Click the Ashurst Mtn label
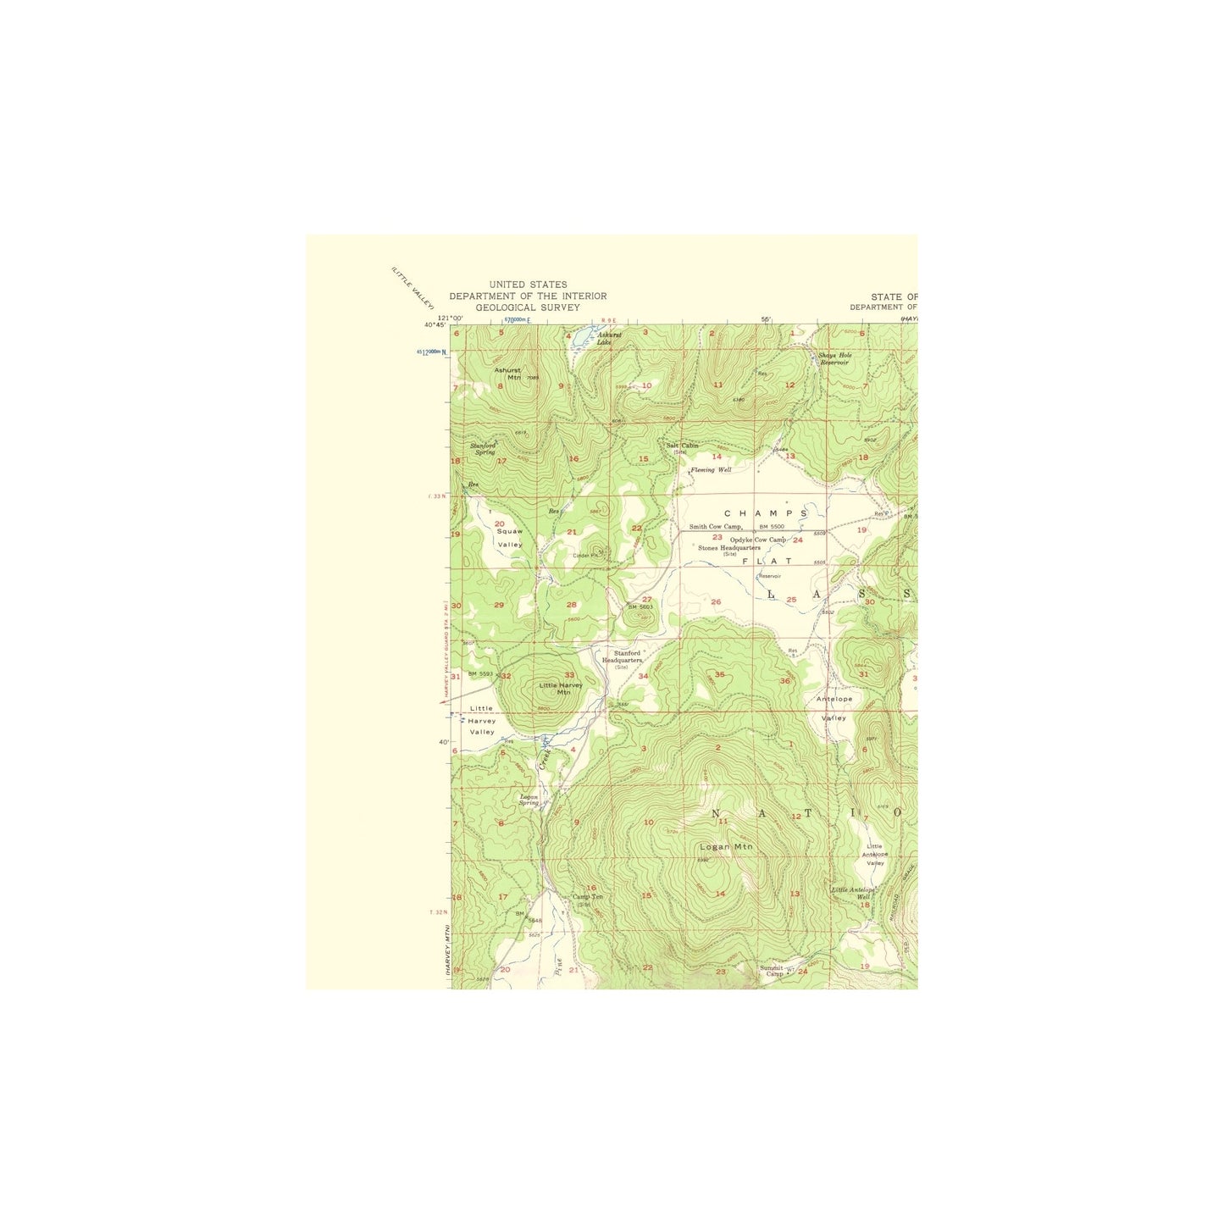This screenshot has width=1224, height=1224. point(507,374)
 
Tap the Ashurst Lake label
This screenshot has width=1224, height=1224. point(609,338)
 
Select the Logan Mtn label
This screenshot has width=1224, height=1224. point(726,846)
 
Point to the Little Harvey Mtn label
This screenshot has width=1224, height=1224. point(560,688)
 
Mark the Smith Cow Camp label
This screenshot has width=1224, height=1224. point(715,526)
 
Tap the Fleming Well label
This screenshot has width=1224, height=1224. point(711,469)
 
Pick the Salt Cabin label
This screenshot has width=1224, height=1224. point(682,446)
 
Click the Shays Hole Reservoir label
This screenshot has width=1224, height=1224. point(834,358)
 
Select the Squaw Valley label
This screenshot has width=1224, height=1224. point(510,538)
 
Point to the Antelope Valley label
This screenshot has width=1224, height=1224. point(834,708)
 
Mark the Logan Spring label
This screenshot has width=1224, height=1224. point(529,800)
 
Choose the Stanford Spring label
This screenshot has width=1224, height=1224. point(485,448)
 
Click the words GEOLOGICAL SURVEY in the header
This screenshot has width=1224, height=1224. point(527,307)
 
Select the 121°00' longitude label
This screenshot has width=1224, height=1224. point(451,318)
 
